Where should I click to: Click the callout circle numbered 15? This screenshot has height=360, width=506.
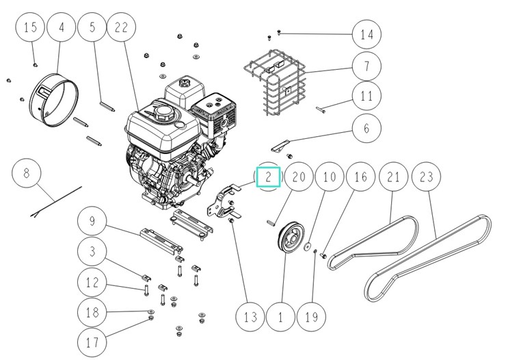pyautogui.click(x=30, y=28)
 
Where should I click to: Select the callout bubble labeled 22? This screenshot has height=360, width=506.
pyautogui.click(x=122, y=28)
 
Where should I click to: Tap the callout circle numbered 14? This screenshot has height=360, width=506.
pyautogui.click(x=367, y=34)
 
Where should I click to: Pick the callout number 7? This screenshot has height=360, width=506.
pyautogui.click(x=367, y=66)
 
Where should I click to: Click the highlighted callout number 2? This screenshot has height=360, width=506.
pyautogui.click(x=269, y=177)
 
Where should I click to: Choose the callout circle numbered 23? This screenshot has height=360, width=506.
pyautogui.click(x=426, y=177)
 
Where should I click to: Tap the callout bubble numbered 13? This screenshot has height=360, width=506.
pyautogui.click(x=250, y=317)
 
